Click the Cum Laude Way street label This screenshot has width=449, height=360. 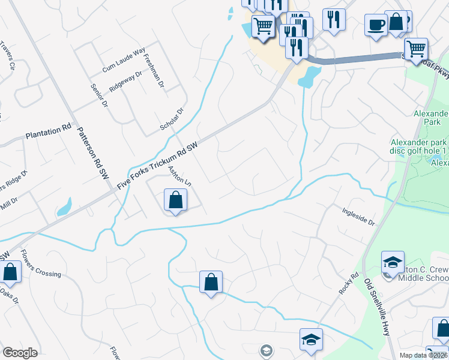click(124, 61)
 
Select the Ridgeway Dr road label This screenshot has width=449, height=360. click(125, 82)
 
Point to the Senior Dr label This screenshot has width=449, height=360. click(98, 94)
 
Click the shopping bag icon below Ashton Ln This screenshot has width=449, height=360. click(175, 200)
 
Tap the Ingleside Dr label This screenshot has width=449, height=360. click(358, 216)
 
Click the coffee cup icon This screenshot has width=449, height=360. click(376, 25)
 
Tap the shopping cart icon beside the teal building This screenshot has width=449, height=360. click(262, 26)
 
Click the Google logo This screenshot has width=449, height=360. click(20, 353)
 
